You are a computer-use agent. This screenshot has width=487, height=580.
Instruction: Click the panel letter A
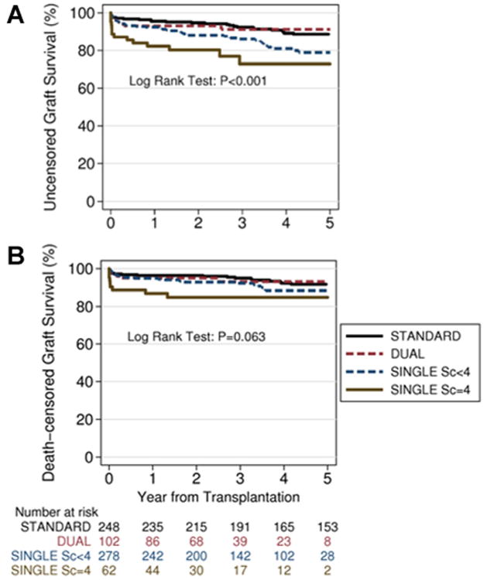13,15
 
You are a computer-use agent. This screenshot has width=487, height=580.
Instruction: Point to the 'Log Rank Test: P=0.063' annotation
198,337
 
